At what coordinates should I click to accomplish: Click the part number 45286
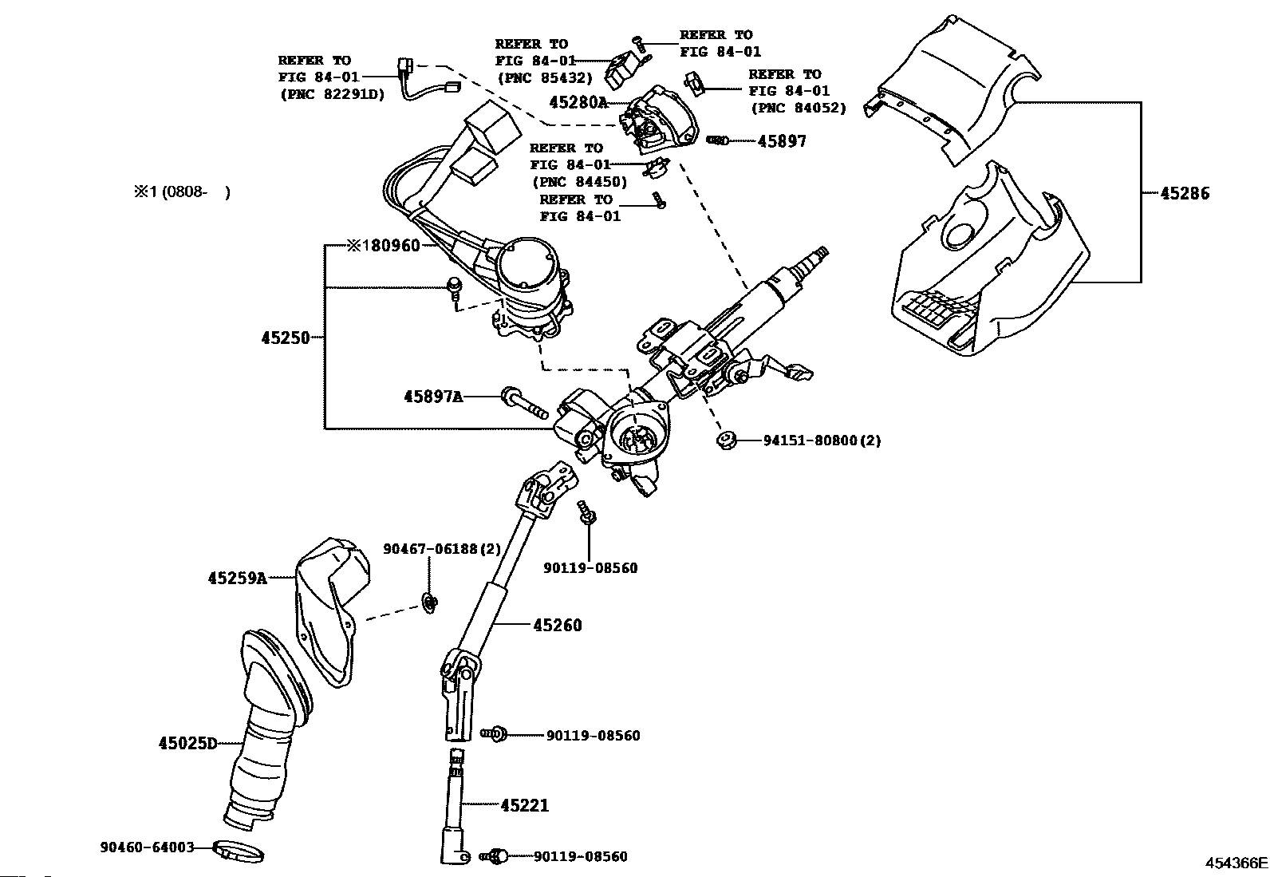pos(1184,193)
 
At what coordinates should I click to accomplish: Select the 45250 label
pos(285,338)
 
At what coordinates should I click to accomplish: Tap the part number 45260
pos(557,625)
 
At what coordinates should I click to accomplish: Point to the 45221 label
pos(524,805)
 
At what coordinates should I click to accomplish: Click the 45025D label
pos(187,744)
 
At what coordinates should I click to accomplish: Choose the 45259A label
pos(238,578)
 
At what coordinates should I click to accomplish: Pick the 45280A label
pos(578,102)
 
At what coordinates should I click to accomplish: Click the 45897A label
pos(433,396)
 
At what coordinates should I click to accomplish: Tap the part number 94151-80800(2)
pos(822,440)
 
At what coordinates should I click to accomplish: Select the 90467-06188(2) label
pos(442,548)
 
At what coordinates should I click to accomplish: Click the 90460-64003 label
pos(148,847)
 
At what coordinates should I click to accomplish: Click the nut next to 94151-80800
pos(726,440)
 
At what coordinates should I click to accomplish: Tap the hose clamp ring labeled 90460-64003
pos(239,853)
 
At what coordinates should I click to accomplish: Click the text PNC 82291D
pos(331,94)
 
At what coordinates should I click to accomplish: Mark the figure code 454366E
pos(1236,863)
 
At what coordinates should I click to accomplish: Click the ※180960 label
pos(383,245)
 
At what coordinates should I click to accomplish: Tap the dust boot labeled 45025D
pos(263,734)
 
